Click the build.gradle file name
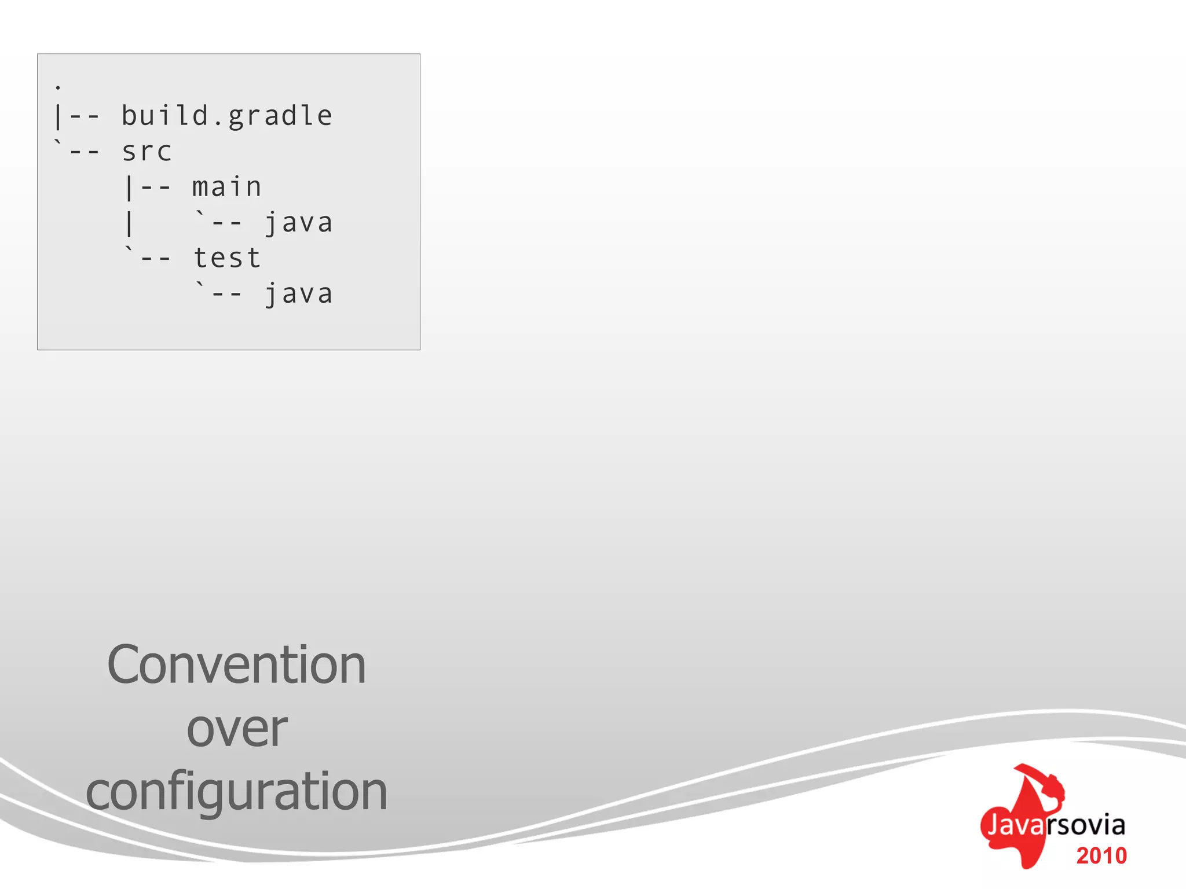point(227,116)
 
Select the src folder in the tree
point(147,152)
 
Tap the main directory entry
point(227,188)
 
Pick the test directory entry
point(227,258)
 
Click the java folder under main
point(299,223)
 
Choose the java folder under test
point(299,294)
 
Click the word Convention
point(236,666)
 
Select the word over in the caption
point(237,729)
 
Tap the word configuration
point(236,792)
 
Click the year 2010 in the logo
point(1101,856)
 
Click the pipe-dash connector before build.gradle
point(78,116)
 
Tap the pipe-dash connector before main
point(148,188)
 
